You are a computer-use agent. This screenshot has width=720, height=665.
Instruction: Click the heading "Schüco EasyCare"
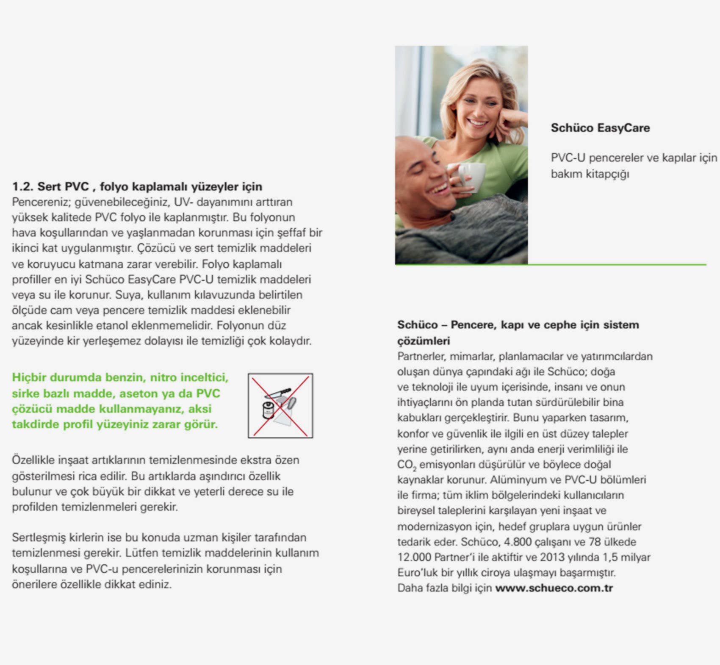pyautogui.click(x=600, y=128)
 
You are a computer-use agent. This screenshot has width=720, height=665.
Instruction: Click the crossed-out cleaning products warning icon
pyautogui.click(x=280, y=406)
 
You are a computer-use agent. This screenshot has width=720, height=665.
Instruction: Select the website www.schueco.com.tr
pyautogui.click(x=554, y=588)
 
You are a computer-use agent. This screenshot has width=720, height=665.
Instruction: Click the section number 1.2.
pyautogui.click(x=23, y=187)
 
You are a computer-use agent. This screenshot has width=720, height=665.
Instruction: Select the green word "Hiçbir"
pyautogui.click(x=29, y=377)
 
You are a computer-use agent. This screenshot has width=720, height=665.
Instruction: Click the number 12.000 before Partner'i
pyautogui.click(x=414, y=557)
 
